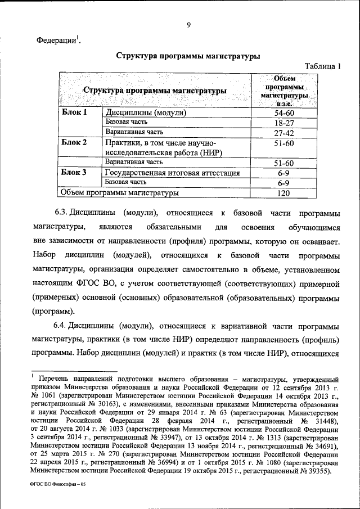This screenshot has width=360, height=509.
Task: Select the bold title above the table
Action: point(188,56)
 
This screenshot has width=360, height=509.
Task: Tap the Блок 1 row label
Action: point(74,112)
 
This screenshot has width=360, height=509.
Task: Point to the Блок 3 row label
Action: point(74,173)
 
